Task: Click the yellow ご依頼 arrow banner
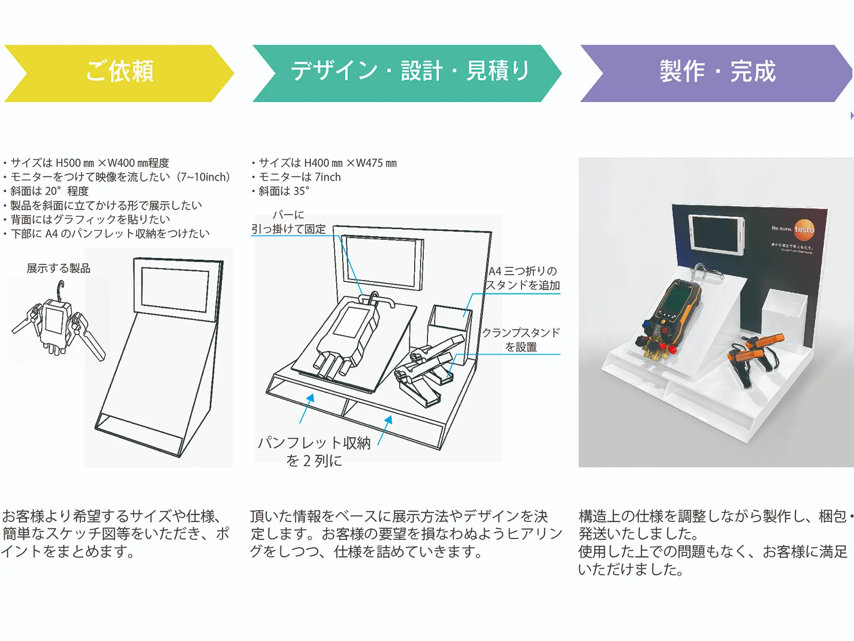pos(118,72)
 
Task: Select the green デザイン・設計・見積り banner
pos(408,72)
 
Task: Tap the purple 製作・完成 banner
pos(716,72)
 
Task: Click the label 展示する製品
pos(59,268)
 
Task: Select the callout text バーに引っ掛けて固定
pos(289,222)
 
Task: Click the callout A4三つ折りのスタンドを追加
pos(523,278)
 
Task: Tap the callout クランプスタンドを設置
pos(521,340)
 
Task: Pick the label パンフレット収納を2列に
pos(314,451)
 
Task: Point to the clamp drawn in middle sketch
pos(427,369)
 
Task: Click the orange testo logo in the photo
pos(803,230)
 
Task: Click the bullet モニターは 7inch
pos(299,177)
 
